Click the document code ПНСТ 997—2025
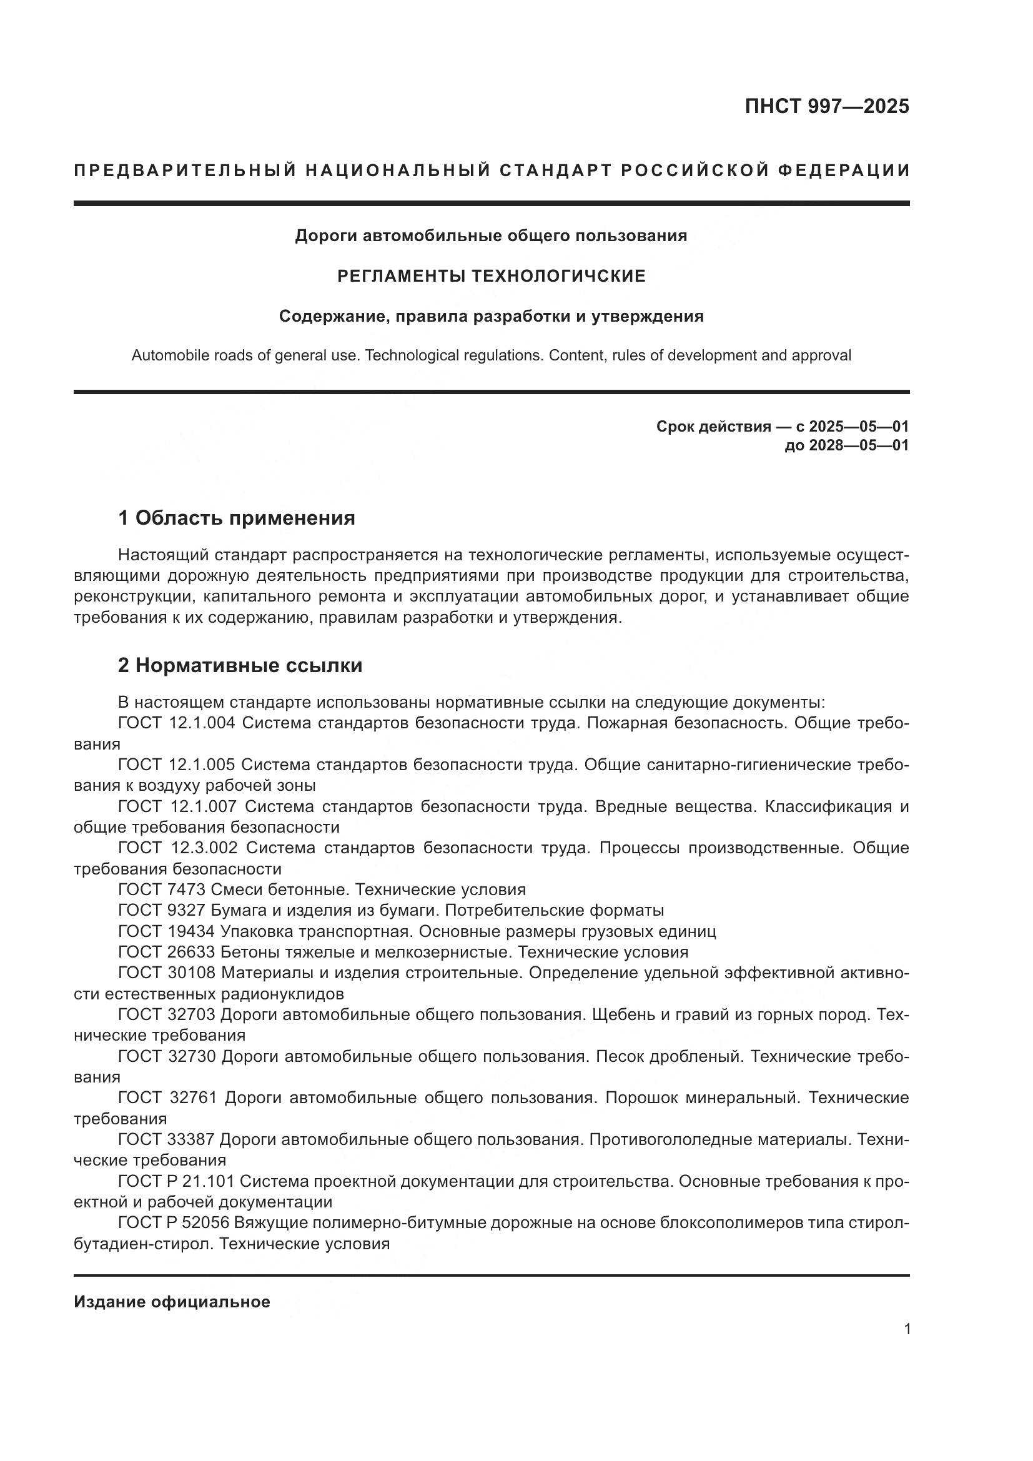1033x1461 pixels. coord(826,106)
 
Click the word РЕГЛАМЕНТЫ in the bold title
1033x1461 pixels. coord(402,276)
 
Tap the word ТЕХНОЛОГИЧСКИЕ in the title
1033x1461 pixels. coord(558,276)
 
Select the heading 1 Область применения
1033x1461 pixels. coord(236,518)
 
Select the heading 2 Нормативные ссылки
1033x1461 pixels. coord(240,665)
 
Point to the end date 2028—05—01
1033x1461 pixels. coord(858,445)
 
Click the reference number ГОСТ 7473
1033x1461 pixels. coord(162,889)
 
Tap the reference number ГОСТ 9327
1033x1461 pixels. coord(162,910)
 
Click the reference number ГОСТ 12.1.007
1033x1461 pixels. coord(177,806)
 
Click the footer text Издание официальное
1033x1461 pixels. coord(172,1302)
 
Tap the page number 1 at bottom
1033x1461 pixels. coord(907,1329)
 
